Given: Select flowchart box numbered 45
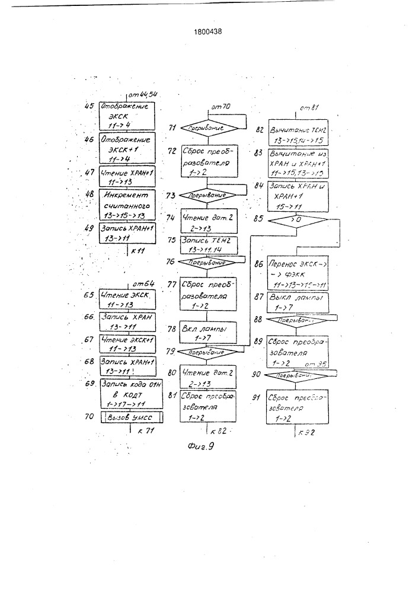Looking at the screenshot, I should click(126, 115).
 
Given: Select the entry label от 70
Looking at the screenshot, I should click(220, 106).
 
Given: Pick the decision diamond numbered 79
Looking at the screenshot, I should click(207, 352).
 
